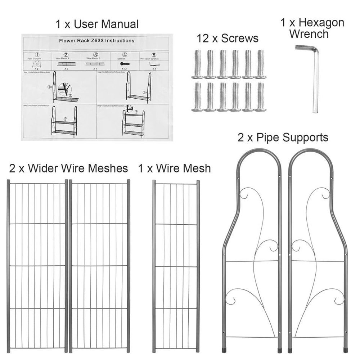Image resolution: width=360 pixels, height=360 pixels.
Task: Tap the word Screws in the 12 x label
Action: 240,38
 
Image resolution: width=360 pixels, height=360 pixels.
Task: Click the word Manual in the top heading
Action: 120,24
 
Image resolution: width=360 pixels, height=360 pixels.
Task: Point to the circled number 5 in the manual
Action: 154,54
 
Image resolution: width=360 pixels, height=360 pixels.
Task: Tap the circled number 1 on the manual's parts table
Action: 36,54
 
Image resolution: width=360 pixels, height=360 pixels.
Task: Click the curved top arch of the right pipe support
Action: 309,155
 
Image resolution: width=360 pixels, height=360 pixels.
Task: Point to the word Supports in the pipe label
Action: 306,137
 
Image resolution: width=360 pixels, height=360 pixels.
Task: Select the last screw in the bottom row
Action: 260,96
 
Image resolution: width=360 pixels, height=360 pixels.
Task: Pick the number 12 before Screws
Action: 203,38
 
